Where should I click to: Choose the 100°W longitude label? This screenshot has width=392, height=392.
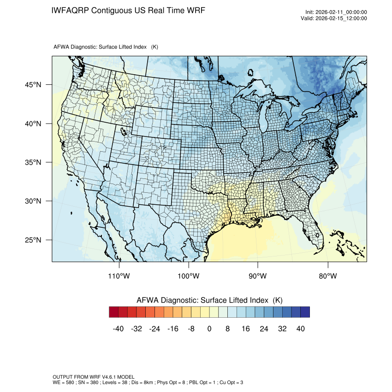click(x=189, y=276)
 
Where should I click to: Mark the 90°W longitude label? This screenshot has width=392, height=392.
click(x=258, y=276)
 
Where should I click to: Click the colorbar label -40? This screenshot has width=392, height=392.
click(x=119, y=329)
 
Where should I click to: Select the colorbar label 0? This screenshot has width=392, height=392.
click(x=209, y=329)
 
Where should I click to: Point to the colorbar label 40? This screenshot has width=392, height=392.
click(x=300, y=329)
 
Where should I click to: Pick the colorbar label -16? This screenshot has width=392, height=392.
click(x=173, y=329)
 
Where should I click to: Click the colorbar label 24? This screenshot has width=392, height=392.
click(x=264, y=329)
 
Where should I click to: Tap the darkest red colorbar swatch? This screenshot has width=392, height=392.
click(x=114, y=312)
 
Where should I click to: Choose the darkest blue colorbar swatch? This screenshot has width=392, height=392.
click(x=305, y=312)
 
